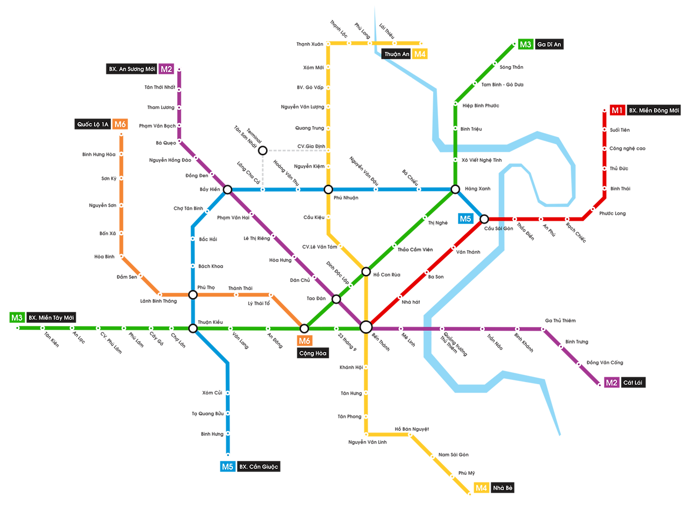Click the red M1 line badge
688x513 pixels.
coord(617,111)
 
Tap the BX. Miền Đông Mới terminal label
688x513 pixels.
coord(654,111)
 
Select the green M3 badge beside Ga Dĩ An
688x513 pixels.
coord(525,45)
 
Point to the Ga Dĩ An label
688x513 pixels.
coord(549,45)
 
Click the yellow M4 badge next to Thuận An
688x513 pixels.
coord(420,54)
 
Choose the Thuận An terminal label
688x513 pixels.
coord(397,54)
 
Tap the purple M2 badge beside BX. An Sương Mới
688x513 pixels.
coord(167,69)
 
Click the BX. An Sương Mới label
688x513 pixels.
coord(132,69)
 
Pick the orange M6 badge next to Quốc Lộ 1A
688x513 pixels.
coord(120,125)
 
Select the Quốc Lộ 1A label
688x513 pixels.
coord(92,125)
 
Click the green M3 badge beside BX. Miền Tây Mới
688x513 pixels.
coord(17,317)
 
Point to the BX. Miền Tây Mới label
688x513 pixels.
coord(51,317)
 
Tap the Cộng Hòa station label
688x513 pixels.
coord(313,353)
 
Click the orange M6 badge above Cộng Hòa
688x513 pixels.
coord(304,341)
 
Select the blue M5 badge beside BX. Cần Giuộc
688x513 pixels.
coord(227,467)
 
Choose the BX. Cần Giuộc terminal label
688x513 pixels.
coord(259,467)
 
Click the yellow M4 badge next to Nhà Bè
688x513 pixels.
coord(481,488)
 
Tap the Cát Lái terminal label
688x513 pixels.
coord(633,383)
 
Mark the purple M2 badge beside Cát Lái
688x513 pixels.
coord(611,383)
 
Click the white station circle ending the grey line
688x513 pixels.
coord(262,150)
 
